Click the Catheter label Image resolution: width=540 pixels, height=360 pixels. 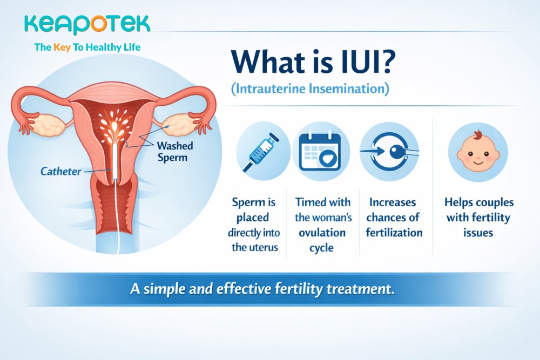pyautogui.click(x=61, y=172)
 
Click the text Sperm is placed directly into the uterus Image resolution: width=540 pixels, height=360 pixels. pyautogui.click(x=254, y=225)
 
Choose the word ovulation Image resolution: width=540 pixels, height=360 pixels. pyautogui.click(x=322, y=233)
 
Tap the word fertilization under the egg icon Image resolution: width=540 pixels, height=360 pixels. pyautogui.click(x=394, y=233)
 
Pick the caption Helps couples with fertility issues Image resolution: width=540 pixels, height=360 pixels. pyautogui.click(x=478, y=218)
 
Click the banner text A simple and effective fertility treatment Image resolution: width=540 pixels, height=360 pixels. pyautogui.click(x=262, y=288)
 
